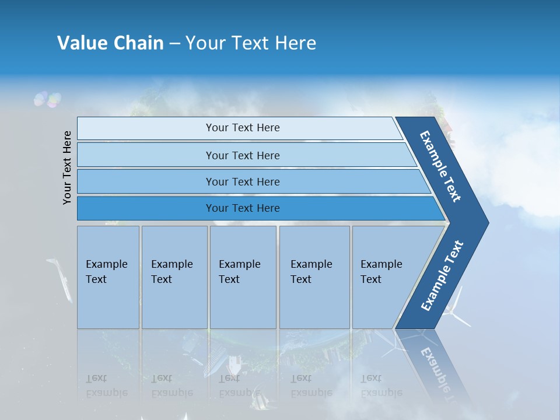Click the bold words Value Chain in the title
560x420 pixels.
click(110, 43)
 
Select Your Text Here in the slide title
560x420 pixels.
click(251, 43)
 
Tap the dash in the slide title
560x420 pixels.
click(174, 43)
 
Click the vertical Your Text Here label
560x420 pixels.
click(67, 167)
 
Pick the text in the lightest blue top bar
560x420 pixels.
click(243, 128)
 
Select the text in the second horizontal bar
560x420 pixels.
click(243, 155)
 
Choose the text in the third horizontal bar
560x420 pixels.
click(243, 181)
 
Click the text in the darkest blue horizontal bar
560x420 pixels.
click(243, 208)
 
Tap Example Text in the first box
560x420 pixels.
click(106, 271)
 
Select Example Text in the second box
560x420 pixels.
click(171, 271)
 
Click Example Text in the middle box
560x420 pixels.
click(239, 271)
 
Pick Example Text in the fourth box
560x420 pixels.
click(311, 271)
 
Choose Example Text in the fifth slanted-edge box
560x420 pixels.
click(381, 271)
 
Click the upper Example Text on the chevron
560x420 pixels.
click(440, 166)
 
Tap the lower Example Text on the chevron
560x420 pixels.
click(442, 276)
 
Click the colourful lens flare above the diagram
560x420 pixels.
click(47, 100)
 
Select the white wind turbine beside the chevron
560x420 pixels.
click(455, 309)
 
